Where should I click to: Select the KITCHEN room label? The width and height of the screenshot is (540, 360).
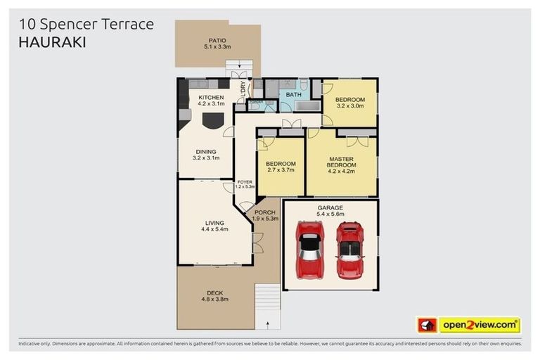[211, 98]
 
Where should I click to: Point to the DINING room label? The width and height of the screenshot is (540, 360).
[206, 151]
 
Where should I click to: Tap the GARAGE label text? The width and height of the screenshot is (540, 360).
[330, 208]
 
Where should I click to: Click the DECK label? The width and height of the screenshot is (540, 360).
[215, 292]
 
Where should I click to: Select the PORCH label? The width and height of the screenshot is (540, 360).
[265, 212]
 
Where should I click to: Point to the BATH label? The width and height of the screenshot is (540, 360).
[294, 94]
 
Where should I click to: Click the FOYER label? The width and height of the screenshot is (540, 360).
[244, 182]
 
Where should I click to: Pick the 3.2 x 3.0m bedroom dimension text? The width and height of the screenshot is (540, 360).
[349, 107]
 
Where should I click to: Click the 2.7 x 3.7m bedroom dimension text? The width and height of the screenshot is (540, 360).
[280, 169]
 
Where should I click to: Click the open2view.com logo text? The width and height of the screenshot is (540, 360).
[478, 326]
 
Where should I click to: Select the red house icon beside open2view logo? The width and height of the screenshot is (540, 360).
[426, 326]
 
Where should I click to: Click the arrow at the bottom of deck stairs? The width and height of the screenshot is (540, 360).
[268, 324]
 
